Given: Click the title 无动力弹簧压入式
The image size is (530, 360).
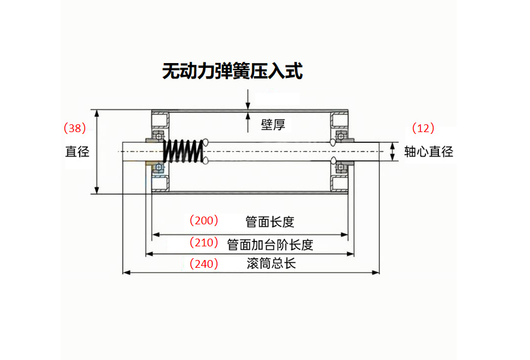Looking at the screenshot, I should pyautogui.click(x=233, y=71).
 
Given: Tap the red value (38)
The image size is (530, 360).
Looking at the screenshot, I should pyautogui.click(x=75, y=128).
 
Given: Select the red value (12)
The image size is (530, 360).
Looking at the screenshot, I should pyautogui.click(x=423, y=128).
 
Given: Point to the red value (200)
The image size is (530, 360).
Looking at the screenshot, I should pyautogui.click(x=204, y=221).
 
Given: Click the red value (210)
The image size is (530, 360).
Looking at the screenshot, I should pyautogui.click(x=204, y=243).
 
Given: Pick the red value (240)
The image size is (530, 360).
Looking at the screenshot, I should pyautogui.click(x=204, y=264).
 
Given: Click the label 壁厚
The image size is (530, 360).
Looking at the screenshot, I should pyautogui.click(x=273, y=125).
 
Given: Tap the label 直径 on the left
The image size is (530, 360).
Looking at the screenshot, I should pyautogui.click(x=77, y=152).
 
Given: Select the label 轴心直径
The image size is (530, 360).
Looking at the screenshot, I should pyautogui.click(x=428, y=152).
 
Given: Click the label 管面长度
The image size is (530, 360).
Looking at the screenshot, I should pyautogui.click(x=270, y=222).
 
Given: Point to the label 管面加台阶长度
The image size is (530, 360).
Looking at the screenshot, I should pyautogui.click(x=270, y=244).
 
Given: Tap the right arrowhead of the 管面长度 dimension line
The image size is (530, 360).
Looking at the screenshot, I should pyautogui.click(x=344, y=235).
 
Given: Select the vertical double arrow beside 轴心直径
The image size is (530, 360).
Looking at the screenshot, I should pyautogui.click(x=393, y=151).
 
